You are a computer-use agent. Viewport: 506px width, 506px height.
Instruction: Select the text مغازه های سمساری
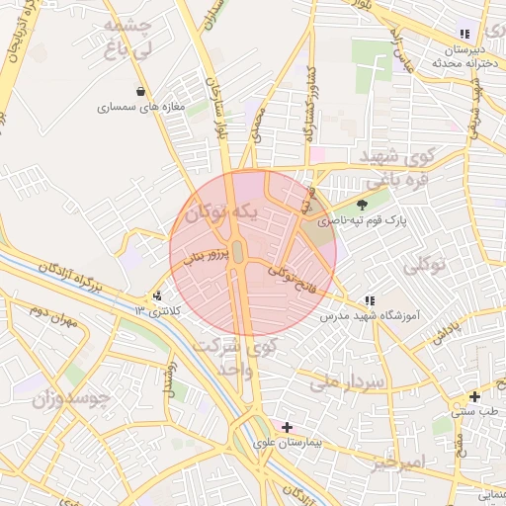point(134,108)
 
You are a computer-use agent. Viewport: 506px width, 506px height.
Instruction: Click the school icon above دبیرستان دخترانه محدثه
point(464,35)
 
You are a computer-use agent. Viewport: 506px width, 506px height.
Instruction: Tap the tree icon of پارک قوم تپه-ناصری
point(361,206)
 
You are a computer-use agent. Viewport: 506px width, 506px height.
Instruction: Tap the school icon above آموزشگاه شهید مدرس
point(370,300)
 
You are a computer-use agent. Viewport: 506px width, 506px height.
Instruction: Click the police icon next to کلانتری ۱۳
point(157,295)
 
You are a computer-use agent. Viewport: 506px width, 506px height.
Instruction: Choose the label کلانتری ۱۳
point(158,311)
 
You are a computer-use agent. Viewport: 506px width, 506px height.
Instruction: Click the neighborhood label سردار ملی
point(338,380)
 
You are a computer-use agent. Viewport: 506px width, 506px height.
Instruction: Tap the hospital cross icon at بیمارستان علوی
point(287,427)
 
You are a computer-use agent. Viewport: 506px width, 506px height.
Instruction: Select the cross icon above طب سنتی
point(473,396)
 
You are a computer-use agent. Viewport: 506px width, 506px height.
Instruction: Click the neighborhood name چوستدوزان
point(70,399)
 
